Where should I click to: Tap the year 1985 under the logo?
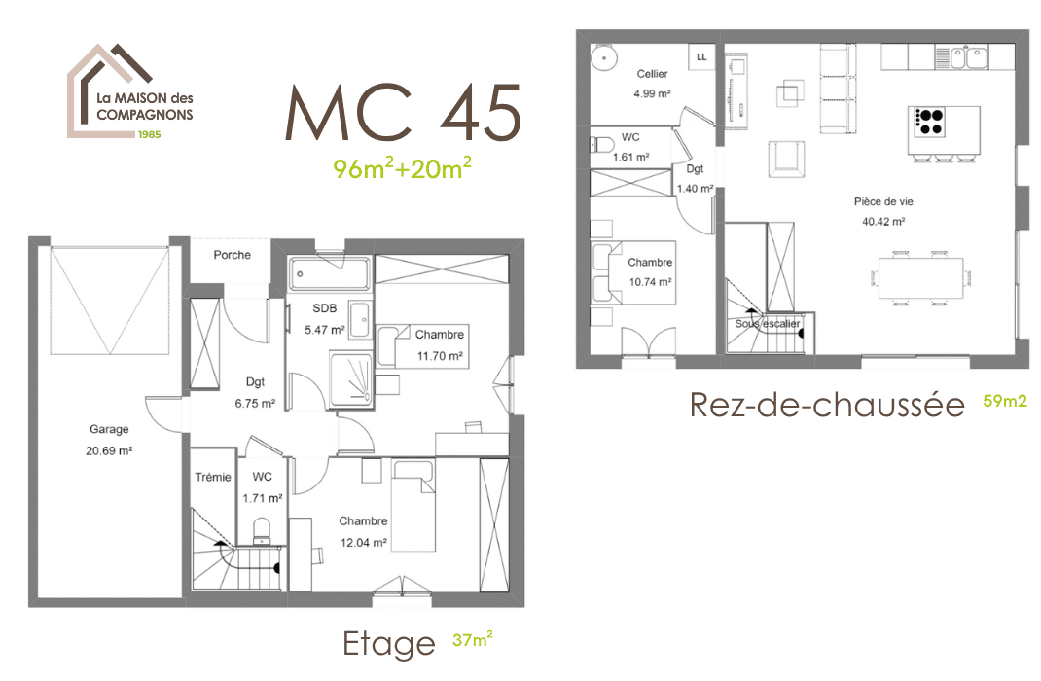[149, 133]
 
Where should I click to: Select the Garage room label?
[109, 429]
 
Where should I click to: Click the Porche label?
[232, 256]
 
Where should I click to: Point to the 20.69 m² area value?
[111, 450]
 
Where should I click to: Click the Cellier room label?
[652, 74]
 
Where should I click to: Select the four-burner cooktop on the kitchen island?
[929, 121]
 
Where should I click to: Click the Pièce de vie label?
[883, 202]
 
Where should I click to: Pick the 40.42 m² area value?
[883, 221]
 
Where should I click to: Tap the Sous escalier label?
[768, 324]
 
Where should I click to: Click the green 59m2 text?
[1005, 400]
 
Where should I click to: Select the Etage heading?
[388, 643]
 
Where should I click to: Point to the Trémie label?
[213, 477]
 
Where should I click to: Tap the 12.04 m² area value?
[364, 543]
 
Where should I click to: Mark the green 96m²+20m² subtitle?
[402, 168]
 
